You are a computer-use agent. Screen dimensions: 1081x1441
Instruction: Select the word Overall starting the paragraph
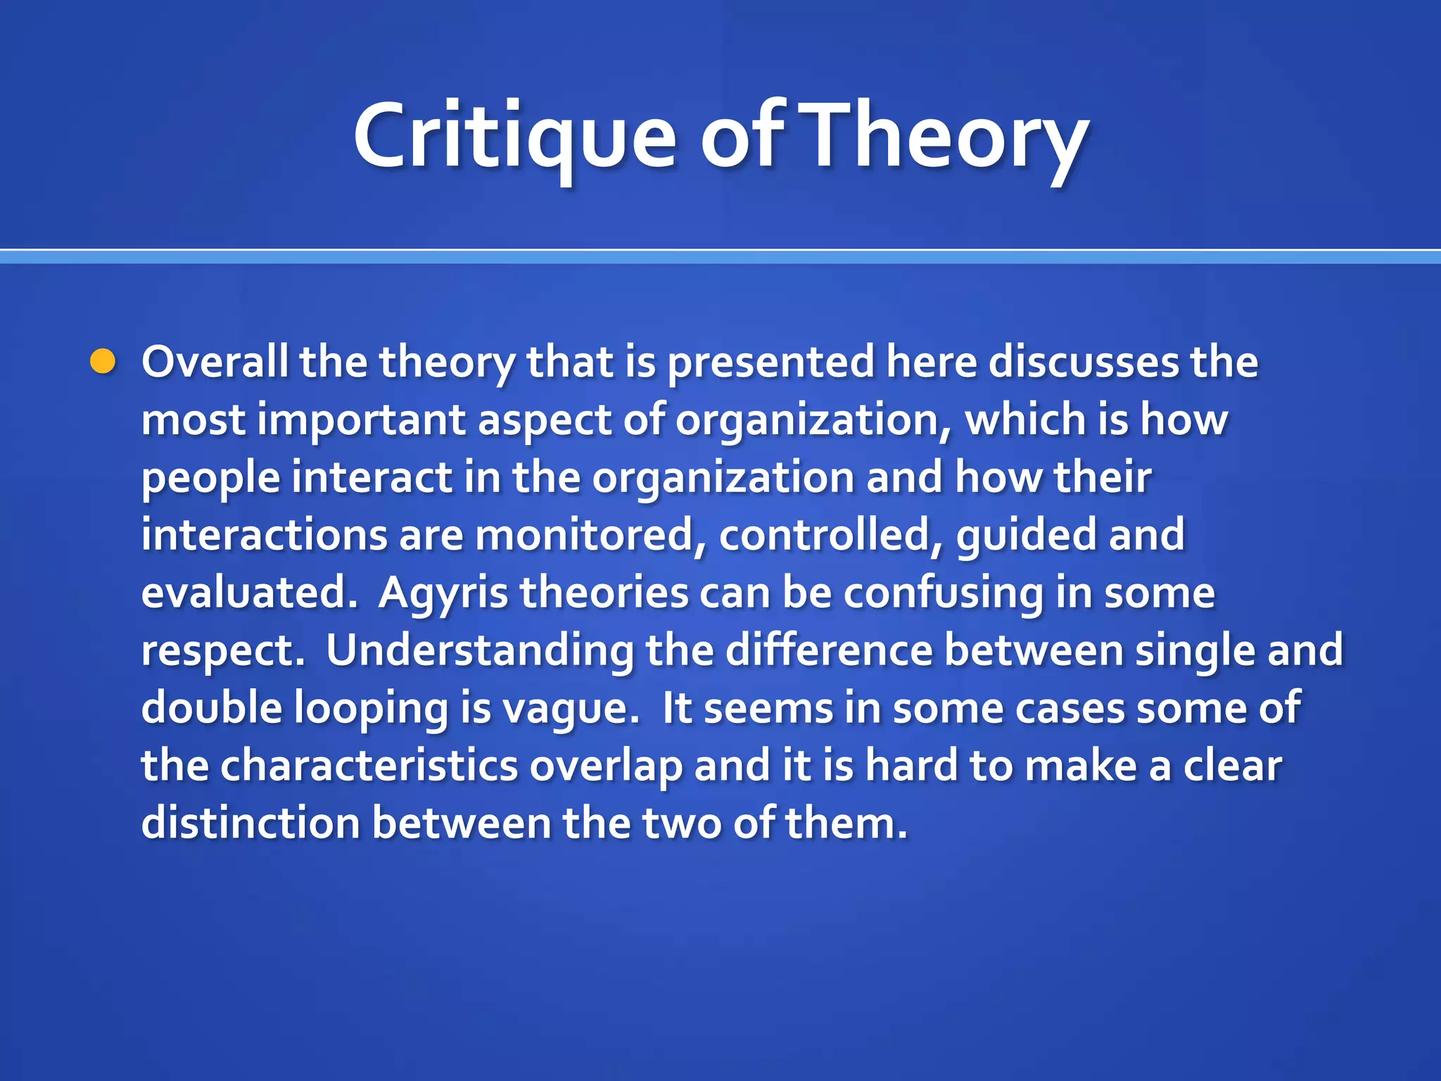coord(215,362)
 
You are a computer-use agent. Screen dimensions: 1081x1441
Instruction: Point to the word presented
coord(770,362)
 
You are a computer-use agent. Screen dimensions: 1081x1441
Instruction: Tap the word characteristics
coord(369,766)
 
